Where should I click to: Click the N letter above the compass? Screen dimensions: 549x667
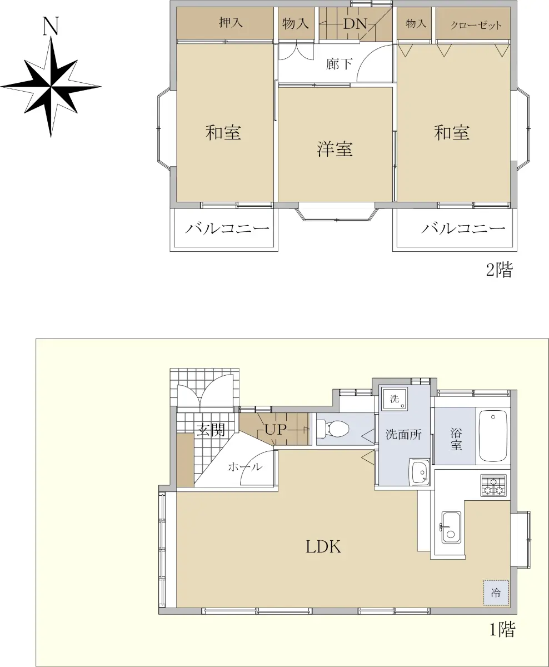click(51, 26)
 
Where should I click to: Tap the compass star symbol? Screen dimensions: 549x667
click(51, 86)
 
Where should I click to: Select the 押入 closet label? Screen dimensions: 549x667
click(231, 22)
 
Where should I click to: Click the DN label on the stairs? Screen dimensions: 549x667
click(355, 24)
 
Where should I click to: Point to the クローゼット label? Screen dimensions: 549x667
click(476, 25)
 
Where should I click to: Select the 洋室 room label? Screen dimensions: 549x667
click(335, 149)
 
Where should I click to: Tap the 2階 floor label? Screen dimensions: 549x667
click(500, 270)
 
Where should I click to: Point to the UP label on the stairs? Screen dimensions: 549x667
click(276, 430)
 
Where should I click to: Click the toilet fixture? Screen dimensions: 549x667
click(333, 429)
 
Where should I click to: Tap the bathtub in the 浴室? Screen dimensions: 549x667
click(493, 436)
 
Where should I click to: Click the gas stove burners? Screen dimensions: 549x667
click(493, 485)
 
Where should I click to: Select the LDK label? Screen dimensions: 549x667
click(323, 546)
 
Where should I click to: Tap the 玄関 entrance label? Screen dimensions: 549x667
click(211, 430)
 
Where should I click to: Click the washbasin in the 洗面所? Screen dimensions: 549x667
click(420, 472)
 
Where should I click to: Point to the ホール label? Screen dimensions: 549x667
click(246, 467)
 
